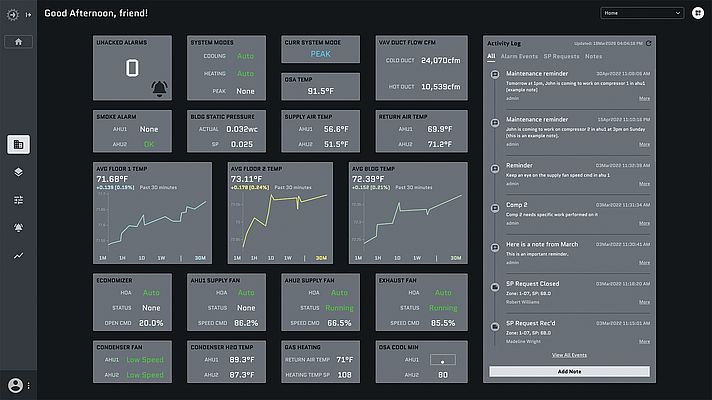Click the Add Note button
567,370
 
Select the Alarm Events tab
518,56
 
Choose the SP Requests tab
564,56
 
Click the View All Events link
567,355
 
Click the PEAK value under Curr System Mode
320,55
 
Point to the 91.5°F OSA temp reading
320,91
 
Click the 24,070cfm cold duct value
440,60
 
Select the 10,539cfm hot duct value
440,86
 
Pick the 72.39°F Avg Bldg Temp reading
374,178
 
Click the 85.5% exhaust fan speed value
442,323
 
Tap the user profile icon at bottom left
15,385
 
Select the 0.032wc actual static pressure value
240,129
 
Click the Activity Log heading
505,44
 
